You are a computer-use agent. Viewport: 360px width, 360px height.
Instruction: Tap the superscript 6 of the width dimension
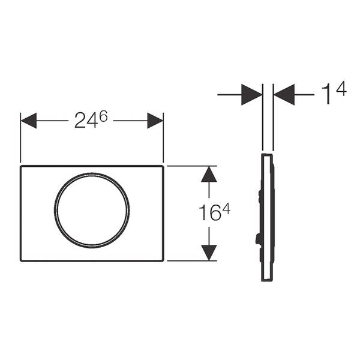click(104, 117)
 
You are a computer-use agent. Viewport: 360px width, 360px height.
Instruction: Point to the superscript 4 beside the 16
click(226, 209)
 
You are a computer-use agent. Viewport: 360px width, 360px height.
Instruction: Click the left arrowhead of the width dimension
click(28, 121)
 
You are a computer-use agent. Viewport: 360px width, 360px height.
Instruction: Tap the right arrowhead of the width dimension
click(155, 121)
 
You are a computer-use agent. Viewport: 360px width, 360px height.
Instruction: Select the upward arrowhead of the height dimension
click(209, 174)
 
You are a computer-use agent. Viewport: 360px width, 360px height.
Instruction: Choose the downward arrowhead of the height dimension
click(209, 253)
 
